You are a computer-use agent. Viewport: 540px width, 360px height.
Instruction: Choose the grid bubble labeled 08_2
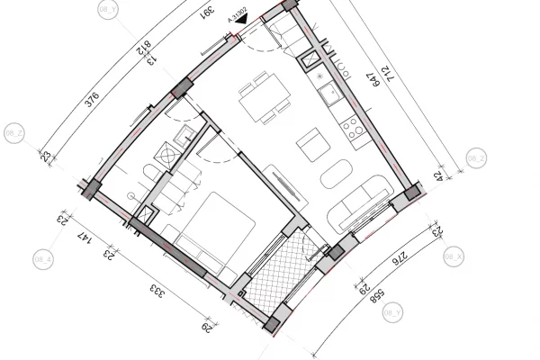tap(476, 158)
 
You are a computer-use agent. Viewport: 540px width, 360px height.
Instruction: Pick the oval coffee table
tap(338, 174)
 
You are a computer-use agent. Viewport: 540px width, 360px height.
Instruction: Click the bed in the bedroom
tap(210, 229)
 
